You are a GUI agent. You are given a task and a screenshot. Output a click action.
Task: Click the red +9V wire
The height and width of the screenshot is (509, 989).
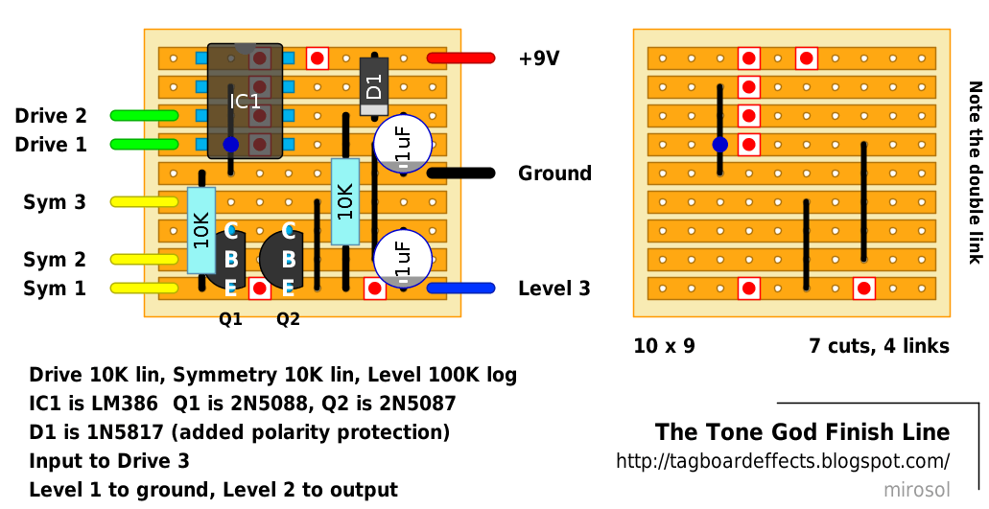click(x=461, y=58)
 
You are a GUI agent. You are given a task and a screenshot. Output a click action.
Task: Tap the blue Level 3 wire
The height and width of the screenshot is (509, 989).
click(x=461, y=289)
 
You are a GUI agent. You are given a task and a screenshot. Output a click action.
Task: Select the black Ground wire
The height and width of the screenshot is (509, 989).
click(x=461, y=174)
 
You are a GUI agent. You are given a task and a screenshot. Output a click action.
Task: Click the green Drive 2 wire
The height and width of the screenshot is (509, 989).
click(x=145, y=116)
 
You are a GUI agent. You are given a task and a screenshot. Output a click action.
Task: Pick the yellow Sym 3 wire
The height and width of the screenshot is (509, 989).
click(x=145, y=202)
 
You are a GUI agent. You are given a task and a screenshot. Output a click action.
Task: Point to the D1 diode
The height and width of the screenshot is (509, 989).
click(x=374, y=86)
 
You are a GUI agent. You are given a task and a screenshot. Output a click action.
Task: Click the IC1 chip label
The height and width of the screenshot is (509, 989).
click(x=245, y=102)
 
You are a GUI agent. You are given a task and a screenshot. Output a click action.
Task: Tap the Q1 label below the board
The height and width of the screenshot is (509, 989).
click(x=230, y=319)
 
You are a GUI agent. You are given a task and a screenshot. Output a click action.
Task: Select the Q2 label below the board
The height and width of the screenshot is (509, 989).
click(x=288, y=319)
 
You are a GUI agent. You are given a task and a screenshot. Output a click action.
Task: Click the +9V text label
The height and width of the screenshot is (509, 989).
click(x=539, y=58)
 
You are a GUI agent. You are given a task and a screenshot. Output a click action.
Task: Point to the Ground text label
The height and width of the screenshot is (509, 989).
click(x=554, y=174)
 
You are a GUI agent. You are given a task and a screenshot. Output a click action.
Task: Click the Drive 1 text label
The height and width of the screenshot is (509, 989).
click(x=51, y=145)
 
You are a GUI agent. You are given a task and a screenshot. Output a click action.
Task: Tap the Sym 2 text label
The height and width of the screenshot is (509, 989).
click(x=55, y=260)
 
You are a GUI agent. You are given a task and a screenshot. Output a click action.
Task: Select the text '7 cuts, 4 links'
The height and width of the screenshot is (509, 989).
click(x=880, y=346)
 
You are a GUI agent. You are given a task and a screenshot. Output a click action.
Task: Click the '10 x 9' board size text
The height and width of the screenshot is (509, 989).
click(x=664, y=346)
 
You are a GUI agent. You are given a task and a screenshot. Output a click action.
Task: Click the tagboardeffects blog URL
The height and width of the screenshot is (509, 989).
click(x=783, y=461)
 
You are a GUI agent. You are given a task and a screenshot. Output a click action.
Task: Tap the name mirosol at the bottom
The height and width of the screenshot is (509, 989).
click(x=916, y=490)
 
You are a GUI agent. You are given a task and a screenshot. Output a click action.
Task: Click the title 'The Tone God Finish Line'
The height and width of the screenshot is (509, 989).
click(x=802, y=432)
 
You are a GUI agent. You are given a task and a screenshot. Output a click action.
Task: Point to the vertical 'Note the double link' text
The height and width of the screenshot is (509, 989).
click(x=976, y=173)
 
